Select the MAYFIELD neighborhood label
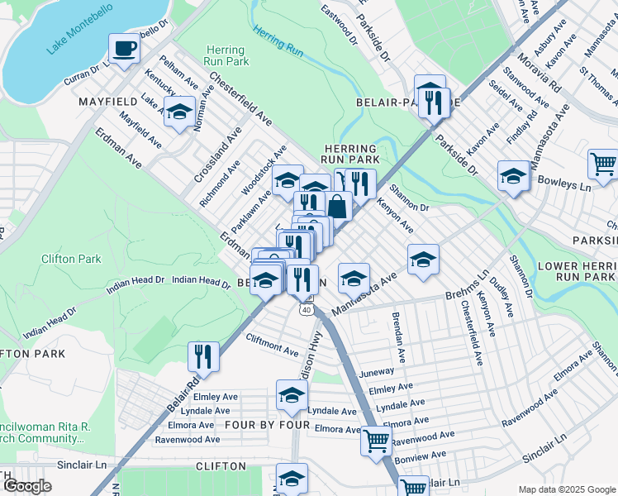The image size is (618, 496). tap(107, 103)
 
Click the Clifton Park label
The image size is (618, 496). tap(71, 259)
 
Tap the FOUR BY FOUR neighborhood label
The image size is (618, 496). tap(268, 425)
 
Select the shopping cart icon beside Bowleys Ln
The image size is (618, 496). tap(603, 164)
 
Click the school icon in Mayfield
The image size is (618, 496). tap(178, 112)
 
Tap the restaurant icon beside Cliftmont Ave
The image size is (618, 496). tap(203, 357)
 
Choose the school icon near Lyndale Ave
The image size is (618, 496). tap(292, 397)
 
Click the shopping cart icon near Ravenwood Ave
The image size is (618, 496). tap(376, 441)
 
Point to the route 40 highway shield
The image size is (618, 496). tap(307, 309)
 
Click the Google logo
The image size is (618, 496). tap(27, 486)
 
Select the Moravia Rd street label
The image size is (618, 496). tap(540, 74)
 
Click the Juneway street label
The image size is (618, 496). tap(376, 373)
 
